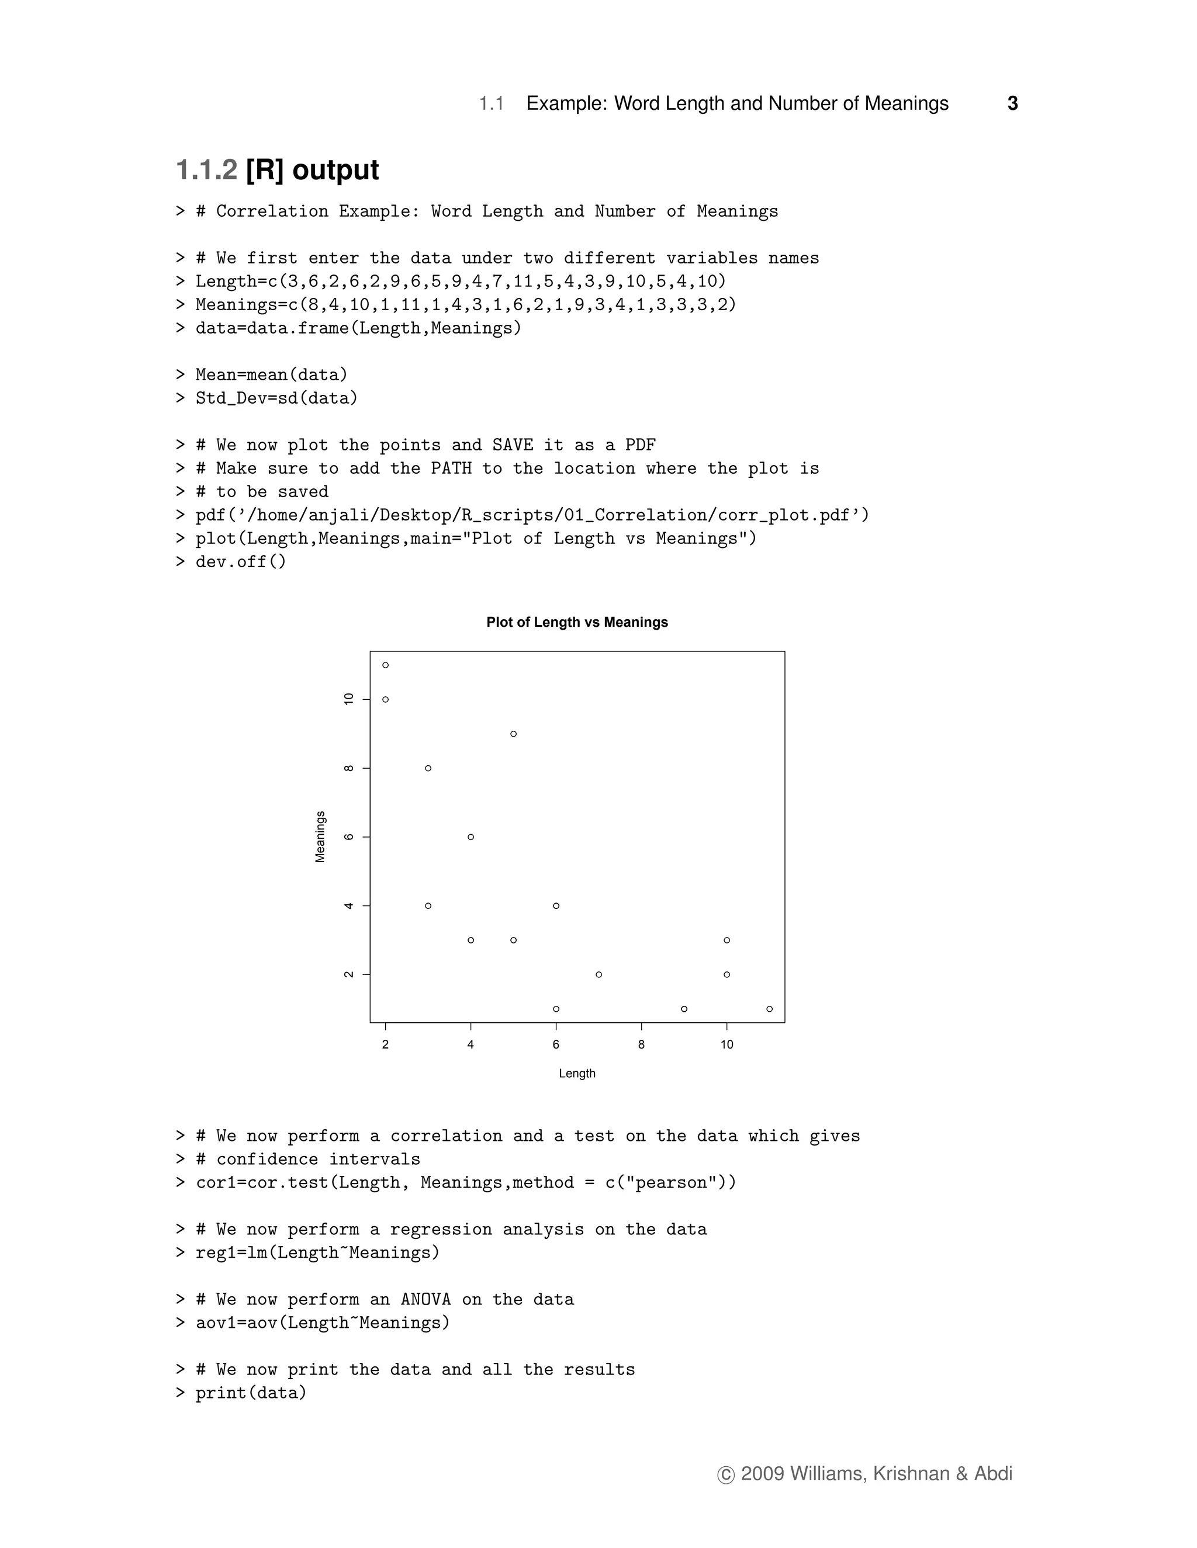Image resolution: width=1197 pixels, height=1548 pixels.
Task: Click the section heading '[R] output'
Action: (312, 170)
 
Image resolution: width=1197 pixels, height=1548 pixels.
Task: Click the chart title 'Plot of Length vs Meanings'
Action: (576, 622)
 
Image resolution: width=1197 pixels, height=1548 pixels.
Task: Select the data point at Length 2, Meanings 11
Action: (385, 665)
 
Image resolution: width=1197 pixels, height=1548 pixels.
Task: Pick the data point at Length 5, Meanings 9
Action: (513, 734)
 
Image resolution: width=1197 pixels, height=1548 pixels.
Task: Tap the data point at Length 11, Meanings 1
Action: (769, 1009)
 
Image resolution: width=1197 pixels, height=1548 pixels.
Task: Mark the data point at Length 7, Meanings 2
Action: (598, 974)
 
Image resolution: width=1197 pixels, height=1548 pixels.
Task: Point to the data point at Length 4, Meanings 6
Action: (471, 837)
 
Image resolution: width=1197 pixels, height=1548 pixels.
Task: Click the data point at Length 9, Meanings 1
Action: (684, 1009)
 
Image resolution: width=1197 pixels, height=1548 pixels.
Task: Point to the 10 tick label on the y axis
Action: (348, 699)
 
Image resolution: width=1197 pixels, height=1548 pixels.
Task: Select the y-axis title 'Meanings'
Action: (320, 837)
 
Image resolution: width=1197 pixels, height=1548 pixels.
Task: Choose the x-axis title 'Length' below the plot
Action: (576, 1073)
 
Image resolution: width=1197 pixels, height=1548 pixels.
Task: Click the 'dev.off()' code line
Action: (241, 562)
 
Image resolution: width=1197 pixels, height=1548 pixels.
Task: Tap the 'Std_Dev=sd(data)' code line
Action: (276, 398)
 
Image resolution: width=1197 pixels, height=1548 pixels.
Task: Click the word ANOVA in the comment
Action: (425, 1299)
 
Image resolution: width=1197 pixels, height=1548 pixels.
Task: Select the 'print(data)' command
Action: (251, 1393)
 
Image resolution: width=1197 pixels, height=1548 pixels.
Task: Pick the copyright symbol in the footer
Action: (725, 1474)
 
